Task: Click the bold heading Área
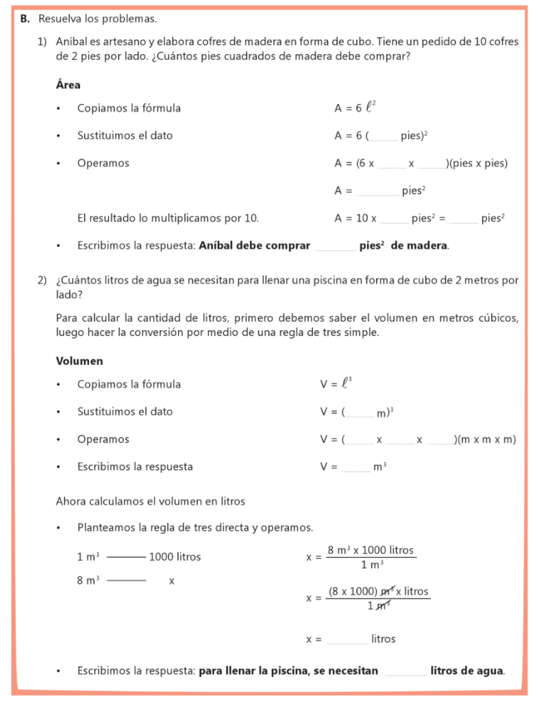point(68,86)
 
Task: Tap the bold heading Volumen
point(79,361)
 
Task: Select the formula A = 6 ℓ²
point(355,107)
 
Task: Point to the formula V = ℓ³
point(336,384)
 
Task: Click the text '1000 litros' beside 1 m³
point(175,557)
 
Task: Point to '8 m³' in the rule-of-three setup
point(88,581)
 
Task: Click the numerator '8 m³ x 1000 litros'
point(370,550)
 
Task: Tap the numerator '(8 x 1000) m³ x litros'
point(378,591)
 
